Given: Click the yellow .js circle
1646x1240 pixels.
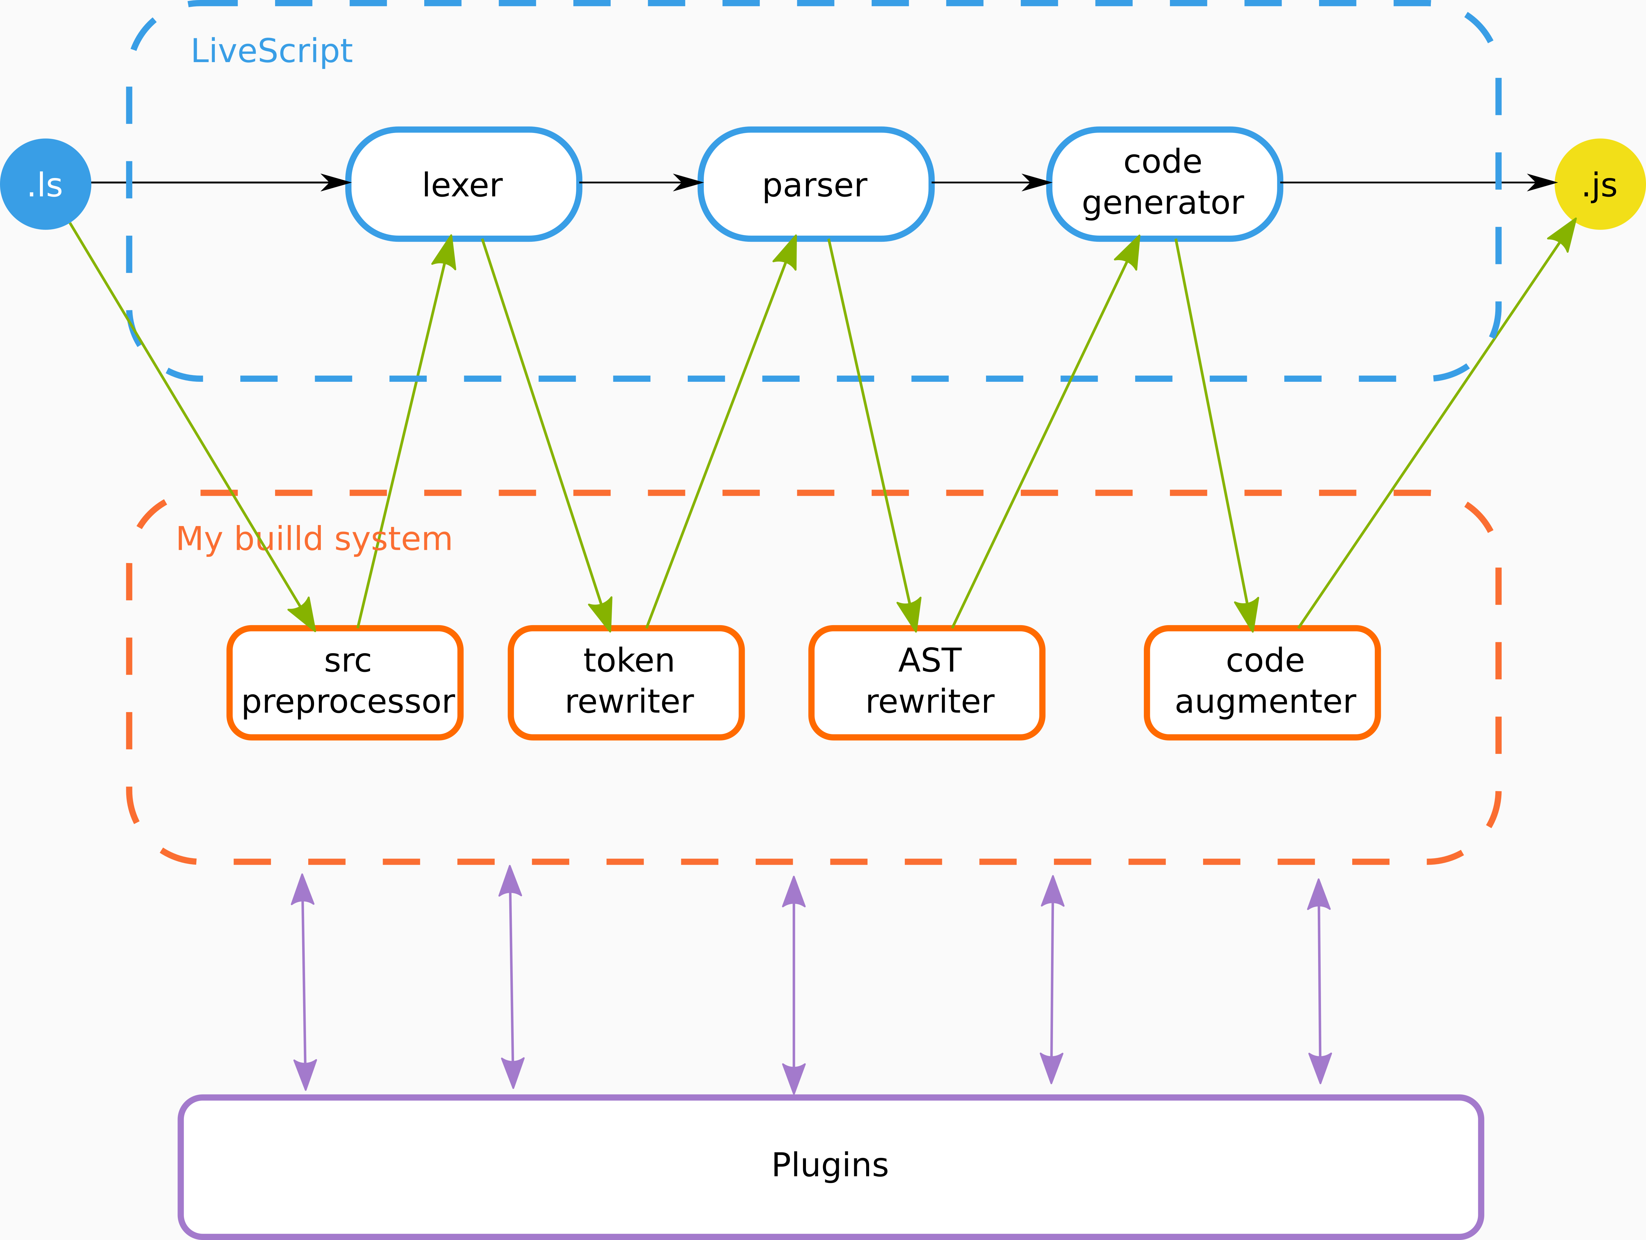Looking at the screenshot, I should click(1600, 184).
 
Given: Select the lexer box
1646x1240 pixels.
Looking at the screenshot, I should click(463, 184).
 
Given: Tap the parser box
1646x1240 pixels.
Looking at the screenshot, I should click(816, 184).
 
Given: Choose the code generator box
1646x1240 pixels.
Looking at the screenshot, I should click(1164, 184).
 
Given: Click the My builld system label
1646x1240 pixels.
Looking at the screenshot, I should click(314, 539).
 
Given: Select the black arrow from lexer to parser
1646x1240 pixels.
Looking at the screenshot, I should click(640, 182).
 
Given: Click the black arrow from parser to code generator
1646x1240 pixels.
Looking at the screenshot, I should click(990, 182).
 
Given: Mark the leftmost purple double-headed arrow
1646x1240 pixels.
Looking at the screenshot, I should click(304, 982).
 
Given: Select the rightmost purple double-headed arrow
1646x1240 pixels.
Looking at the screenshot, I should click(1319, 982).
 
